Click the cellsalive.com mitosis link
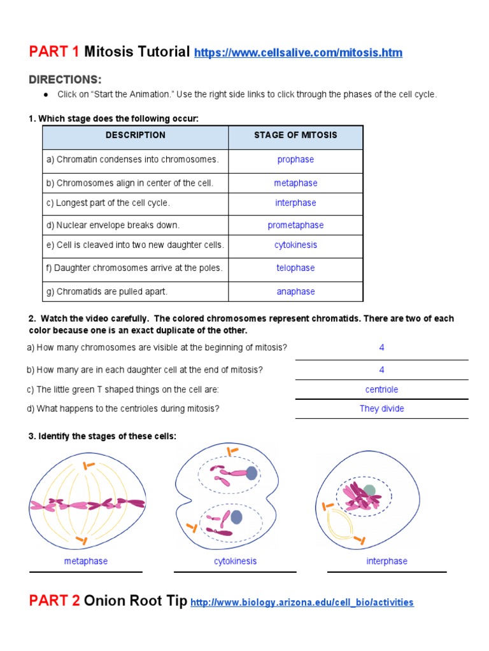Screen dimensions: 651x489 298,52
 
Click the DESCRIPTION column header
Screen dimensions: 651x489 135,135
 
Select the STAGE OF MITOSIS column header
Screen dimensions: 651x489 295,135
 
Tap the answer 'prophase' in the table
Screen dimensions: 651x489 295,160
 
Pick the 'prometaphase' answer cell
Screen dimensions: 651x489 295,225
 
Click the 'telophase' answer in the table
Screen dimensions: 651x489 295,268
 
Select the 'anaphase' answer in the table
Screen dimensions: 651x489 295,292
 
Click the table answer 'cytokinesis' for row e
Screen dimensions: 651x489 295,245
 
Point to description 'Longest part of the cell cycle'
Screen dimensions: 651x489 108,203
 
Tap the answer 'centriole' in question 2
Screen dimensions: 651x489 381,390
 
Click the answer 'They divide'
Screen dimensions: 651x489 381,409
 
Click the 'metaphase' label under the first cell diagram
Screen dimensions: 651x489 86,561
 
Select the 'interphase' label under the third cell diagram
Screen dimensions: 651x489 386,561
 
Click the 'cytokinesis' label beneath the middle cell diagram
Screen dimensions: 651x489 236,561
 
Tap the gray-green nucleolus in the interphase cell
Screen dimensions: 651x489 369,491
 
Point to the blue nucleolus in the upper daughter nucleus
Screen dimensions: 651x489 252,473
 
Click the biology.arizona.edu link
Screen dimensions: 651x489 302,602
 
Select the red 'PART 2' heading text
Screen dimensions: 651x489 55,601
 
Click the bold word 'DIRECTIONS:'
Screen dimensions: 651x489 65,79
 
